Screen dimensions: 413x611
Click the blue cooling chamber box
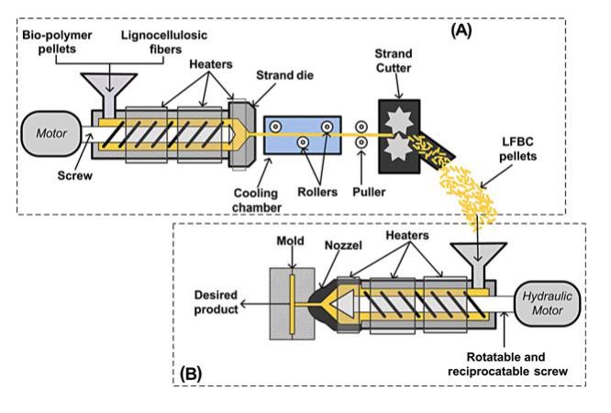click(302, 135)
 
